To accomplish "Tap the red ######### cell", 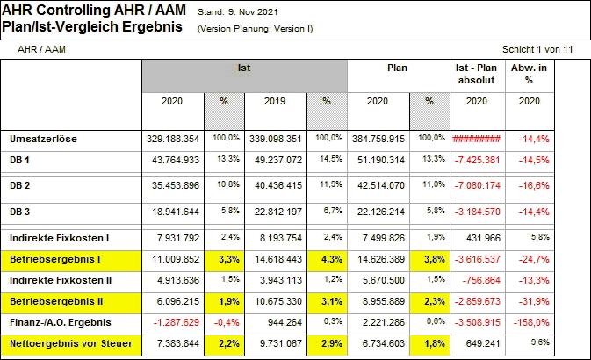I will click(476, 139).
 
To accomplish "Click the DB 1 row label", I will click(20, 160).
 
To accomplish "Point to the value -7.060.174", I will click(478, 186).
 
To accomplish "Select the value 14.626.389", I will click(376, 260).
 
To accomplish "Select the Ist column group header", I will click(244, 68).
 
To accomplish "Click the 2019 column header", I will click(275, 102).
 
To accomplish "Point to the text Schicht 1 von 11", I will click(537, 49).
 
